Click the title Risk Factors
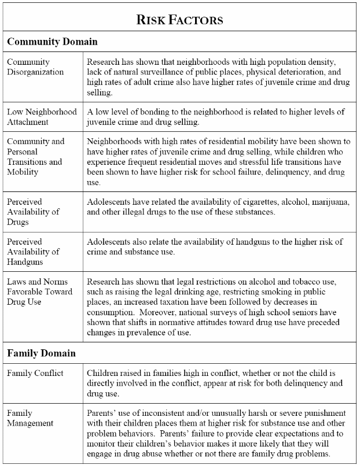[179, 20]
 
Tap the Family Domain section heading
[42, 352]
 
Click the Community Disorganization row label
[35, 67]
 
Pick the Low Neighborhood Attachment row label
[42, 117]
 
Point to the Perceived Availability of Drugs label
[33, 212]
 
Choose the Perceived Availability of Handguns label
[33, 251]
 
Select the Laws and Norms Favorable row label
[39, 291]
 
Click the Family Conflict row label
[35, 373]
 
